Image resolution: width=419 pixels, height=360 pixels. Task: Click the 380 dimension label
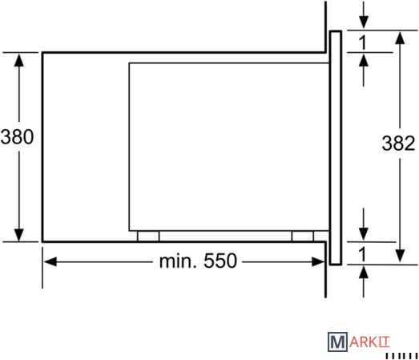pos(17,136)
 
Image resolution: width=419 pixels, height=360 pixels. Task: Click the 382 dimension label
pos(398,143)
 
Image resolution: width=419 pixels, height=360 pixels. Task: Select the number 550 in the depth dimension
pos(220,261)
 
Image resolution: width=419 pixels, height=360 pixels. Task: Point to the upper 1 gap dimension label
pos(363,42)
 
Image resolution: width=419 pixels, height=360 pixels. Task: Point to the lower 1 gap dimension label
pos(363,254)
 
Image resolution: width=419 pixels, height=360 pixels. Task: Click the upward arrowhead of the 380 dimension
pos(18,60)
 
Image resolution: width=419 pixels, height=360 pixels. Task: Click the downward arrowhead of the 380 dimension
pos(18,235)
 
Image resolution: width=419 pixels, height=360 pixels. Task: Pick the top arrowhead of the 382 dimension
pos(400,38)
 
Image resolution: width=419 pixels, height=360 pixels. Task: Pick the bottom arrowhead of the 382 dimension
pos(400,256)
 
